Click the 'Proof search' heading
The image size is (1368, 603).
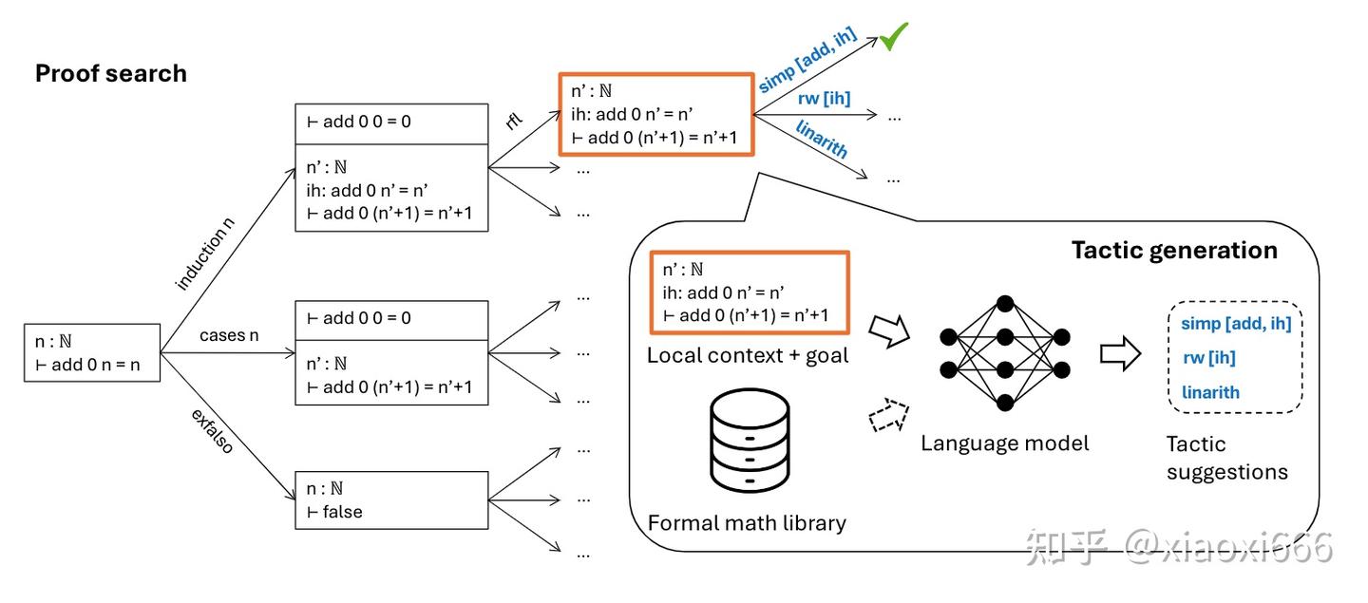click(111, 74)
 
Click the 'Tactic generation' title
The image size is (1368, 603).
click(1174, 251)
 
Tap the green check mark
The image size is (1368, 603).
click(893, 37)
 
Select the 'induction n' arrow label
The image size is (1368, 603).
click(205, 254)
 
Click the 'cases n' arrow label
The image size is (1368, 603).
click(229, 336)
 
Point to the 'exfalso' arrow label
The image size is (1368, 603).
click(212, 431)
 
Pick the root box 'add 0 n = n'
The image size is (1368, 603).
click(91, 352)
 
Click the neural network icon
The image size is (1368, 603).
click(1004, 351)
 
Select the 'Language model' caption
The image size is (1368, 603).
click(1004, 443)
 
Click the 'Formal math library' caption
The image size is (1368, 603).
click(747, 522)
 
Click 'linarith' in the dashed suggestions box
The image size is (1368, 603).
click(1210, 392)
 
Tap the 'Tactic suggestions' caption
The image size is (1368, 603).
click(1226, 458)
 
